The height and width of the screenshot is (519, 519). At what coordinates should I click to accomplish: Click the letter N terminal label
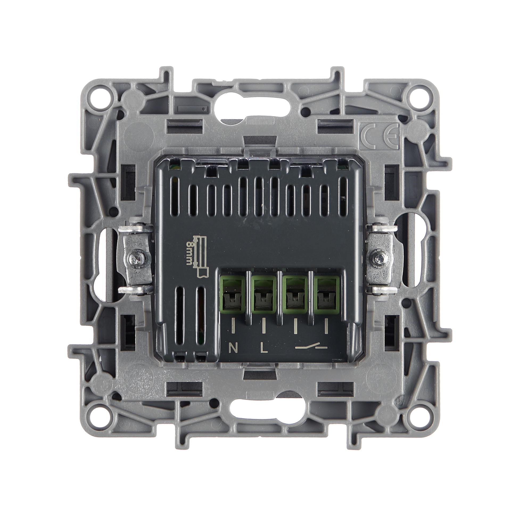click(x=233, y=348)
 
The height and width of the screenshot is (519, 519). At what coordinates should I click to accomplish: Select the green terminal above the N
click(x=233, y=295)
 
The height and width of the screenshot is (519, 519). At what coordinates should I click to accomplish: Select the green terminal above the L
click(x=264, y=295)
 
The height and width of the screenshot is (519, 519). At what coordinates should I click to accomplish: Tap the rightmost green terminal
click(x=326, y=295)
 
